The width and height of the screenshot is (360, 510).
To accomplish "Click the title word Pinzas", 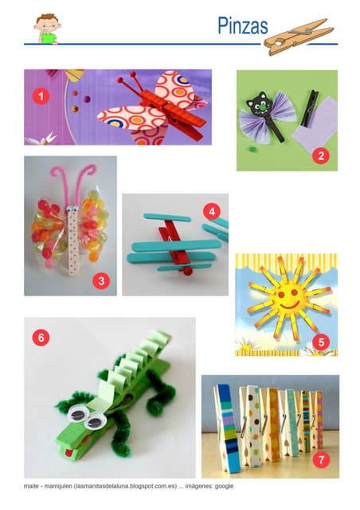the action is (x=243, y=26).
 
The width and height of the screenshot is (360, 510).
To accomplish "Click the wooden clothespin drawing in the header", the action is (x=299, y=37).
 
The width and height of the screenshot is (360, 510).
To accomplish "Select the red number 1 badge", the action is (x=41, y=96).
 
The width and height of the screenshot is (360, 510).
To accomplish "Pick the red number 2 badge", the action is (x=321, y=156).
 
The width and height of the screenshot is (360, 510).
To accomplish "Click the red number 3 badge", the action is (x=101, y=280).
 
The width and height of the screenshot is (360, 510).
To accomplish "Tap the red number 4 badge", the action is (x=212, y=211).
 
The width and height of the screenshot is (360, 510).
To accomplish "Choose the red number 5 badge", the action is (x=321, y=342).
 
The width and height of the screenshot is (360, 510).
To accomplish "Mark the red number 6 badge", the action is (x=41, y=338).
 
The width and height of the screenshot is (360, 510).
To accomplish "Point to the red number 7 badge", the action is (x=321, y=460).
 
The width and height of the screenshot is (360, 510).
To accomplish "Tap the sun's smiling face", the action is (x=289, y=298).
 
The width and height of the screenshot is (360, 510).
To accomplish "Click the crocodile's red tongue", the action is (x=68, y=453).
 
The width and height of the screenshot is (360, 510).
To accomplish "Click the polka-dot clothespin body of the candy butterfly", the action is (x=72, y=241).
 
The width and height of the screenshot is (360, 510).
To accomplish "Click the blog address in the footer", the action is (x=127, y=486).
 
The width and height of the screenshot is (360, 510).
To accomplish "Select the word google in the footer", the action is (x=224, y=486).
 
